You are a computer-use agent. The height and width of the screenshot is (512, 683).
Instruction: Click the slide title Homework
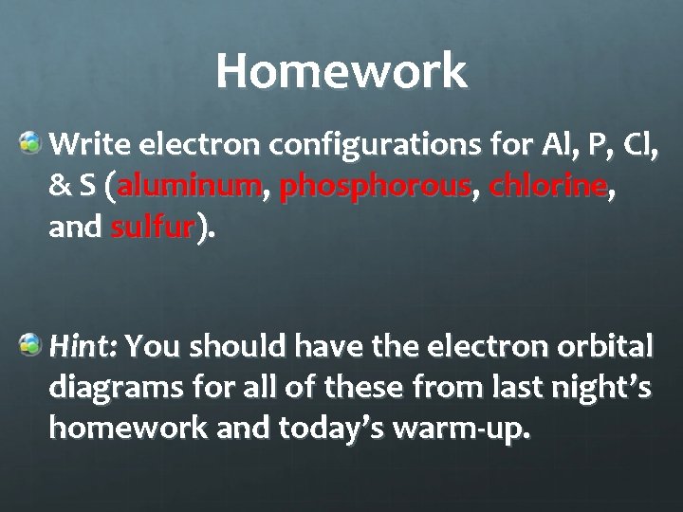tap(341, 70)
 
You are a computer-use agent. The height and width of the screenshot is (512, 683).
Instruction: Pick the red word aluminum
tap(190, 188)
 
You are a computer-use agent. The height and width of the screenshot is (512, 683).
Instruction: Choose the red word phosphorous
tap(376, 188)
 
